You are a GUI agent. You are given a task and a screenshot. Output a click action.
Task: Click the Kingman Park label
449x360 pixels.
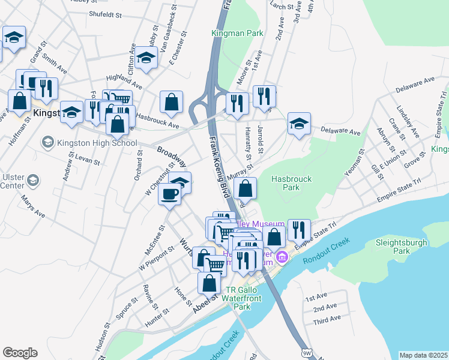tap(237, 34)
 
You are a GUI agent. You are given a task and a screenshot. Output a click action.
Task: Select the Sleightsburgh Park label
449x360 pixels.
tap(400, 247)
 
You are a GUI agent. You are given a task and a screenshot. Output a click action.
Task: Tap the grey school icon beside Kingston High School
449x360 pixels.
tap(47, 143)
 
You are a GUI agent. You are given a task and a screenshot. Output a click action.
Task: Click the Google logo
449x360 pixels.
tap(20, 353)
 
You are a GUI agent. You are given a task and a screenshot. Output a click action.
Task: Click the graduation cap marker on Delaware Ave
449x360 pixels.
tap(299, 124)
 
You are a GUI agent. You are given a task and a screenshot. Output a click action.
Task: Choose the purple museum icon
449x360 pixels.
tap(282, 258)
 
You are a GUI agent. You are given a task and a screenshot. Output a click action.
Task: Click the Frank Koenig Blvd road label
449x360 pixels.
tap(220, 167)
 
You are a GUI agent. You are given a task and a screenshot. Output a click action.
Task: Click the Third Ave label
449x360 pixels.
tap(327, 318)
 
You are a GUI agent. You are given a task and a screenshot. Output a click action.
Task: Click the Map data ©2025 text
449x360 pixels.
tap(423, 355)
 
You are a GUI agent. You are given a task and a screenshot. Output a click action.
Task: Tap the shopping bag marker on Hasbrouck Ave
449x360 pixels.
tap(172, 103)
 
